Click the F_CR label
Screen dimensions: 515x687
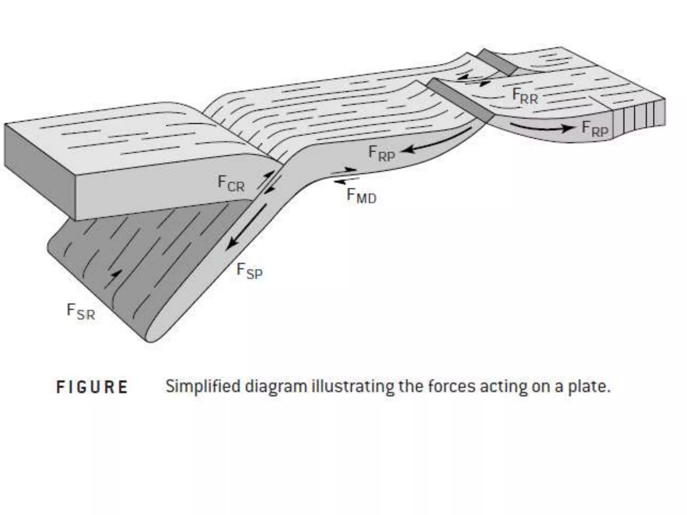[231, 183]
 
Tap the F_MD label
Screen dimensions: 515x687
[361, 196]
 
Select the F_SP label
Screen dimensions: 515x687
[249, 271]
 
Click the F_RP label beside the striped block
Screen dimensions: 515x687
[594, 129]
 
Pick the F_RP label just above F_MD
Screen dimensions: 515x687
[381, 154]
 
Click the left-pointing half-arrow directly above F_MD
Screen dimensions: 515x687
[346, 181]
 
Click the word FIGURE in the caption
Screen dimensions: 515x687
[92, 387]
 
